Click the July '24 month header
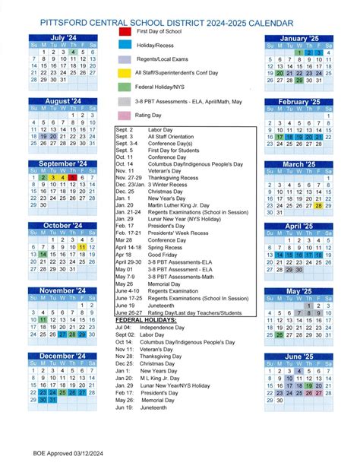62,37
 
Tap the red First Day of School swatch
125,32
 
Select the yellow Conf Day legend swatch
125,73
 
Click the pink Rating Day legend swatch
125,115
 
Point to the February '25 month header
299,101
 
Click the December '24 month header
62,356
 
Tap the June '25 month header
299,356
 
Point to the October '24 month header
62,226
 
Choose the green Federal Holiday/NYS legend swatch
125,87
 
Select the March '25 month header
299,164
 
